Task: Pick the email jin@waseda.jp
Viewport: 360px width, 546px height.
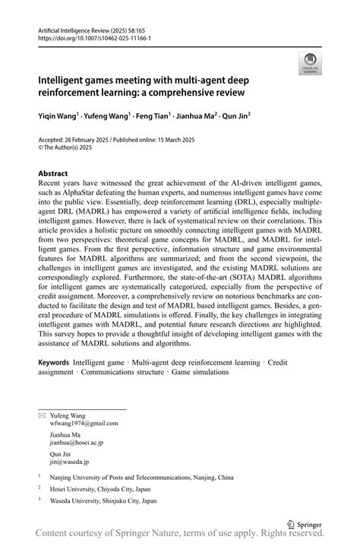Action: coord(69,461)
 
